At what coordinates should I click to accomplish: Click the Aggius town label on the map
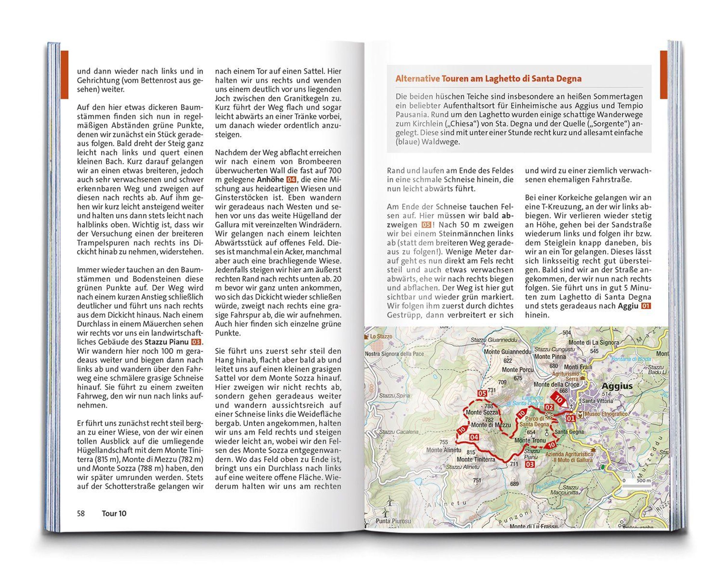(x=617, y=386)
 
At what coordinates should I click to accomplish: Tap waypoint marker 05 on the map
(x=482, y=393)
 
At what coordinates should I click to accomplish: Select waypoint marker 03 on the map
(x=530, y=464)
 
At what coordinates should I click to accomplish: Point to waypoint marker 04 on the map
(x=474, y=437)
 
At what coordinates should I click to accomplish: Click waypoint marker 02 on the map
(x=549, y=407)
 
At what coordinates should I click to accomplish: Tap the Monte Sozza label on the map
(x=482, y=412)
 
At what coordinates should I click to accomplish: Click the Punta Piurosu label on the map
(x=393, y=521)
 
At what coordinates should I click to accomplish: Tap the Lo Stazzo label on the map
(x=381, y=336)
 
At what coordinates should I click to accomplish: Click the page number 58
(x=81, y=513)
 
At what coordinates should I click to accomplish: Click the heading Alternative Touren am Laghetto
(x=488, y=79)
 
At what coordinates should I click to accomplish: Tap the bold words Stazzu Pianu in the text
(x=166, y=342)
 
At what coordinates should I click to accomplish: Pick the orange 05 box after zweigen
(x=426, y=225)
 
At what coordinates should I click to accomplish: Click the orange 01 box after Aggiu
(x=646, y=306)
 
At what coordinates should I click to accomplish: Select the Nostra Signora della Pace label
(x=394, y=354)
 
